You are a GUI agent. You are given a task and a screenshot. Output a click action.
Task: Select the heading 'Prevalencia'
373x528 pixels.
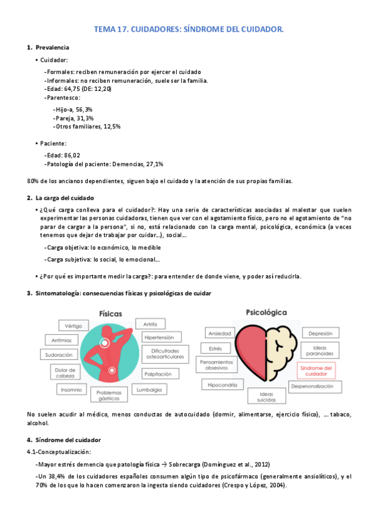52,47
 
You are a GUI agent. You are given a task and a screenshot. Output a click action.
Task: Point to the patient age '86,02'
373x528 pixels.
72,155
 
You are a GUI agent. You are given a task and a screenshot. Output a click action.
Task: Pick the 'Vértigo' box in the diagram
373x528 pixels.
73,326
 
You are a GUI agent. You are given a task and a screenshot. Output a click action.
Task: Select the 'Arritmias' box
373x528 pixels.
61,340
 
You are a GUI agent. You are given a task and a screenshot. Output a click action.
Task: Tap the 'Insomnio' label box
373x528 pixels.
71,390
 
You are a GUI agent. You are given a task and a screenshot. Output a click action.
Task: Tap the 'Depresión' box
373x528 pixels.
320,333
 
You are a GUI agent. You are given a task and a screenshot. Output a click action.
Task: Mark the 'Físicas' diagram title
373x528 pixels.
110,313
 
